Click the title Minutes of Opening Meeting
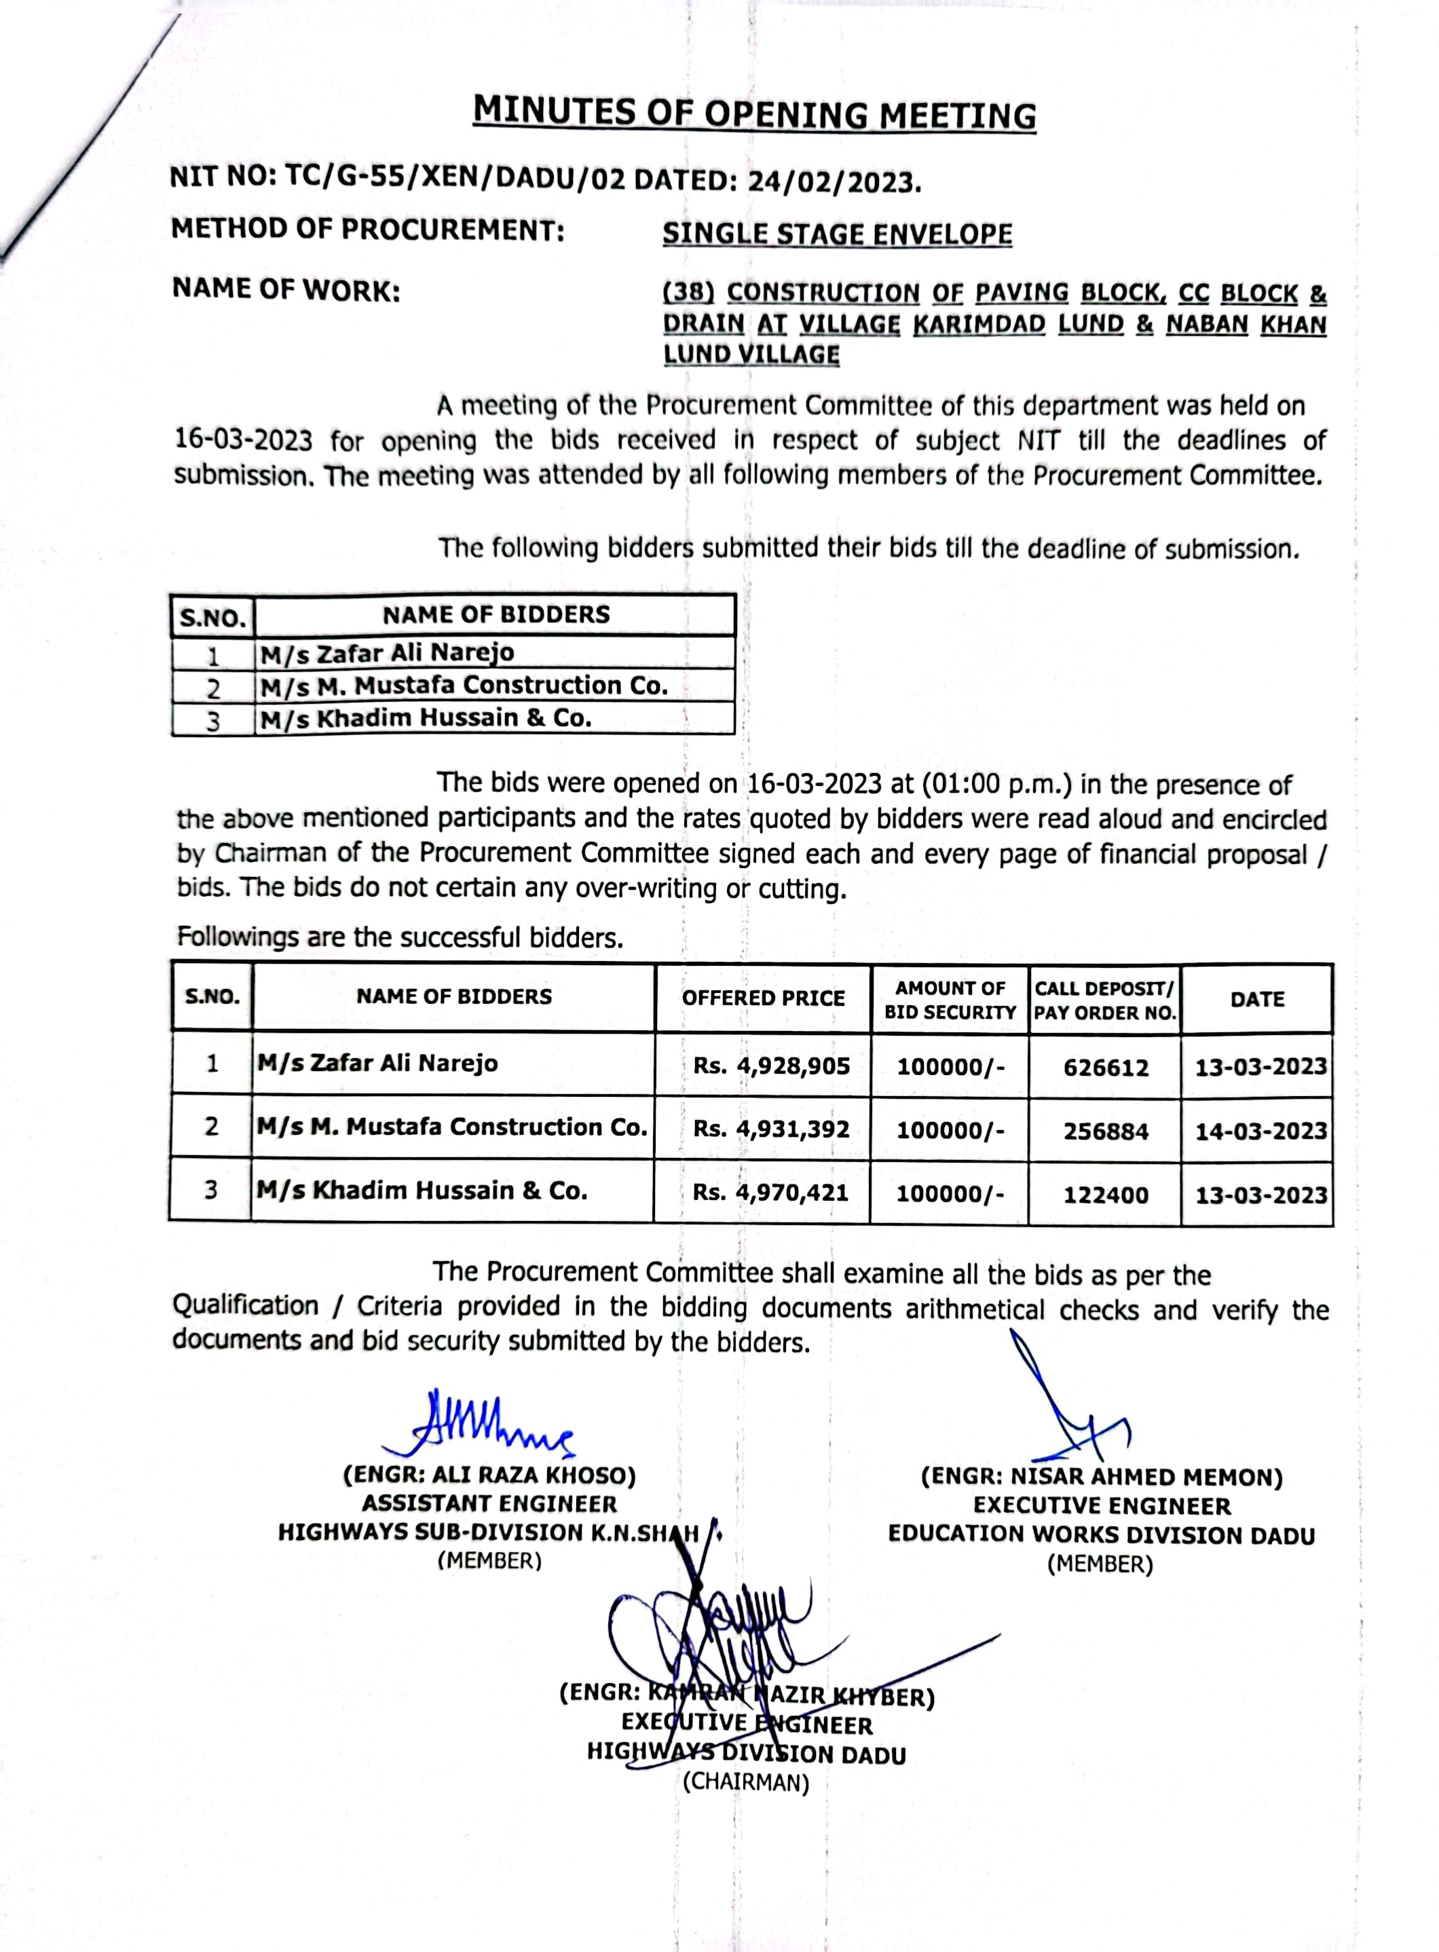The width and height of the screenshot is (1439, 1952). click(x=754, y=113)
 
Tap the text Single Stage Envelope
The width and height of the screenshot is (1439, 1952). click(x=837, y=234)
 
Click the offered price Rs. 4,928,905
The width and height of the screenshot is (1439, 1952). click(x=771, y=1066)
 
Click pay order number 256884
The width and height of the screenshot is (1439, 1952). click(x=1105, y=1131)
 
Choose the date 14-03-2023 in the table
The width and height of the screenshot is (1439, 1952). click(x=1260, y=1131)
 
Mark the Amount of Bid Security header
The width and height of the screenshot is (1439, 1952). click(x=950, y=1000)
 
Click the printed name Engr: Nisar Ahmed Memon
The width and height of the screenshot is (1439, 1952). click(x=1102, y=1478)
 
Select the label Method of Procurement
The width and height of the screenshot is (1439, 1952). click(x=368, y=230)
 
